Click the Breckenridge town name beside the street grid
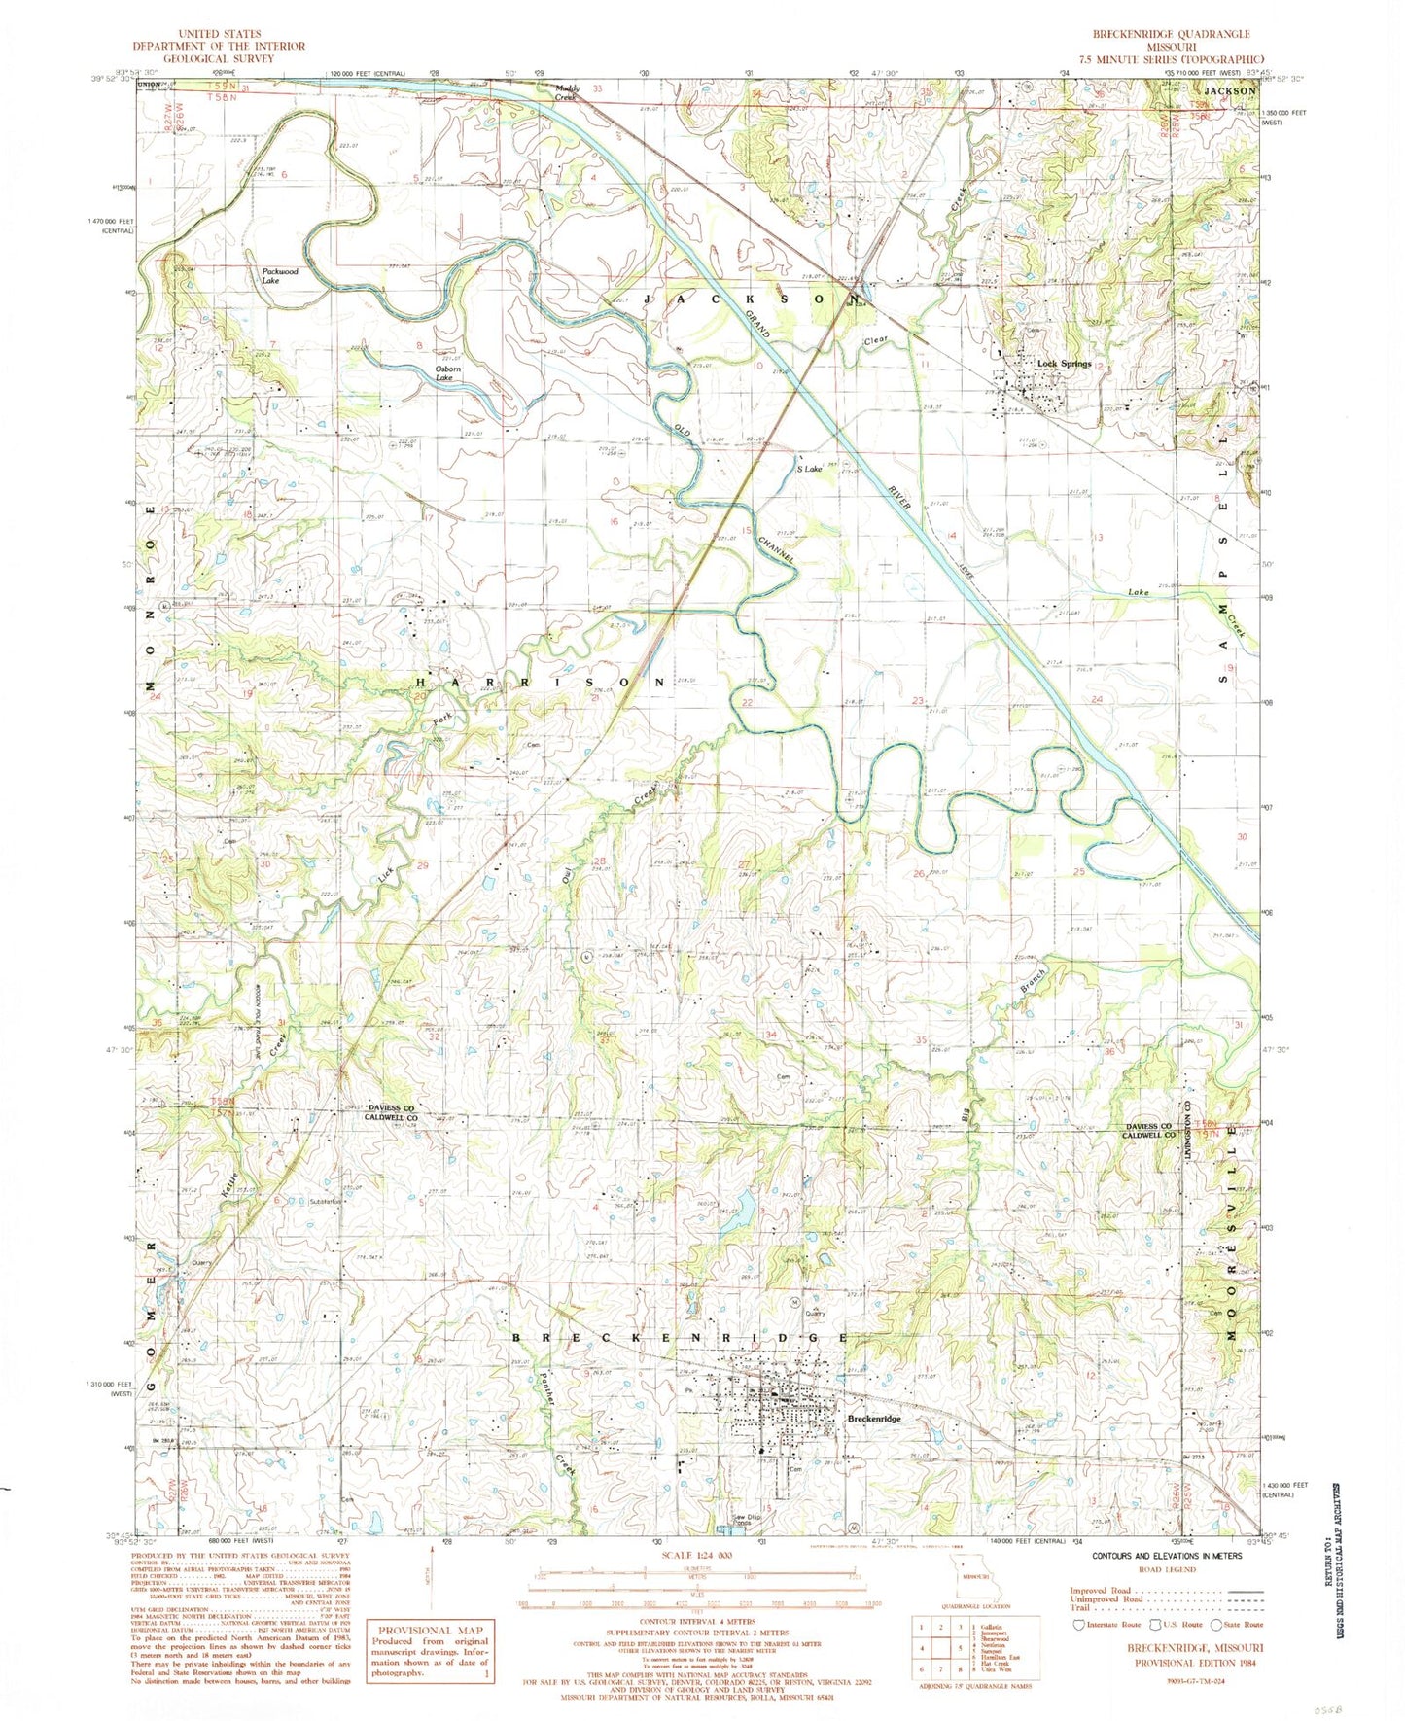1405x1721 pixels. click(874, 1419)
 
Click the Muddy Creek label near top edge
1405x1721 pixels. click(567, 92)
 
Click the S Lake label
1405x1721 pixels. click(809, 469)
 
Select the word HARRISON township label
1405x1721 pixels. click(543, 683)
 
